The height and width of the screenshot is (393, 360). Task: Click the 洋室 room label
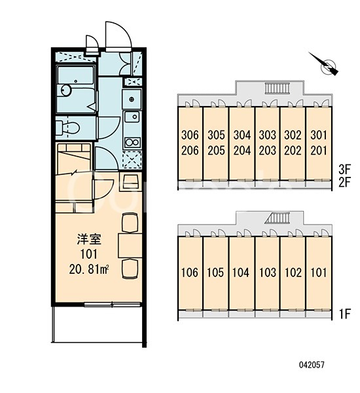89,239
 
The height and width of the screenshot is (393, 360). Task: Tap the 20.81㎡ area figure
89,270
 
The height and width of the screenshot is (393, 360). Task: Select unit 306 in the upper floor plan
190,135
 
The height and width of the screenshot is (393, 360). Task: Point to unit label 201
319,151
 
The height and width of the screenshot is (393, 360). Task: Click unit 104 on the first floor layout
241,272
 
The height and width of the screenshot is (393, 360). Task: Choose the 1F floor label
344,314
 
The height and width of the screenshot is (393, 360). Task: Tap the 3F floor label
344,170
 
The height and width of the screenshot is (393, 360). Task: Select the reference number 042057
312,365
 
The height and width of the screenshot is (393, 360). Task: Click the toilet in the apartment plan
67,128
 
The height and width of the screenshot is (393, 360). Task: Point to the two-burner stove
132,142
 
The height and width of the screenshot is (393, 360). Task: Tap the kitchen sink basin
132,117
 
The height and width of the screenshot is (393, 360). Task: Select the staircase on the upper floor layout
277,88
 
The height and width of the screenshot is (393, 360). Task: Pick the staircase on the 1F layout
278,218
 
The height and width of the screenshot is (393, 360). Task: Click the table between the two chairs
130,246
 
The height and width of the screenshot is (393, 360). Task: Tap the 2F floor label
344,182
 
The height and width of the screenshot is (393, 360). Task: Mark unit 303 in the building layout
267,135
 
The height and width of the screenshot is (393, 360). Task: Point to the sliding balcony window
112,305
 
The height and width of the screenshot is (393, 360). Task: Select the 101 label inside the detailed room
89,254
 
